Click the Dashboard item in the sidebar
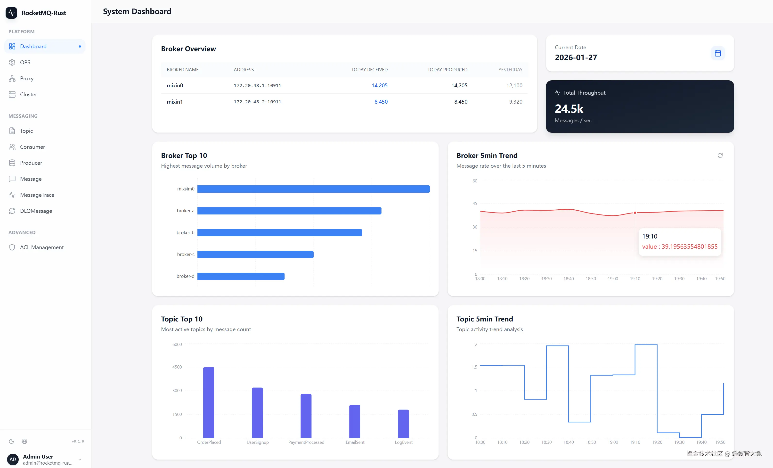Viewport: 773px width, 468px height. [x=33, y=46]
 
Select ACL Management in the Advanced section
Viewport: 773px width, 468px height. [x=42, y=247]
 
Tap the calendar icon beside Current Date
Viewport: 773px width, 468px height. [x=717, y=53]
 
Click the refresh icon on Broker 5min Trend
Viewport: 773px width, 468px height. [x=720, y=156]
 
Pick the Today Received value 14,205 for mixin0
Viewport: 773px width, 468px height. [x=379, y=85]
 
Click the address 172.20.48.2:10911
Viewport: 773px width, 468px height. [x=257, y=102]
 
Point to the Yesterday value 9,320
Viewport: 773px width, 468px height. [x=515, y=102]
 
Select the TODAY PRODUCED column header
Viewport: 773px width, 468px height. [x=447, y=70]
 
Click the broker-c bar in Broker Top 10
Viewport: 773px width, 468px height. [x=255, y=255]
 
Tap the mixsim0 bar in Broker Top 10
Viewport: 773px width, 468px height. [x=313, y=189]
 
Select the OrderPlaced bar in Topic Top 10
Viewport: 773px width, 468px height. [x=209, y=402]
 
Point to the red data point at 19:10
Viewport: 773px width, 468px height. [x=635, y=213]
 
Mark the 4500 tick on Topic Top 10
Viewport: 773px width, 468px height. [x=177, y=367]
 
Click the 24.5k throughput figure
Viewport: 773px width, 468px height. [x=569, y=109]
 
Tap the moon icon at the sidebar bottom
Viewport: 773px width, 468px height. [x=12, y=441]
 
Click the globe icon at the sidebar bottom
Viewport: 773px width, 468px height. [x=24, y=441]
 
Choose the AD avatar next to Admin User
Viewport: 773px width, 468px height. [x=13, y=459]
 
